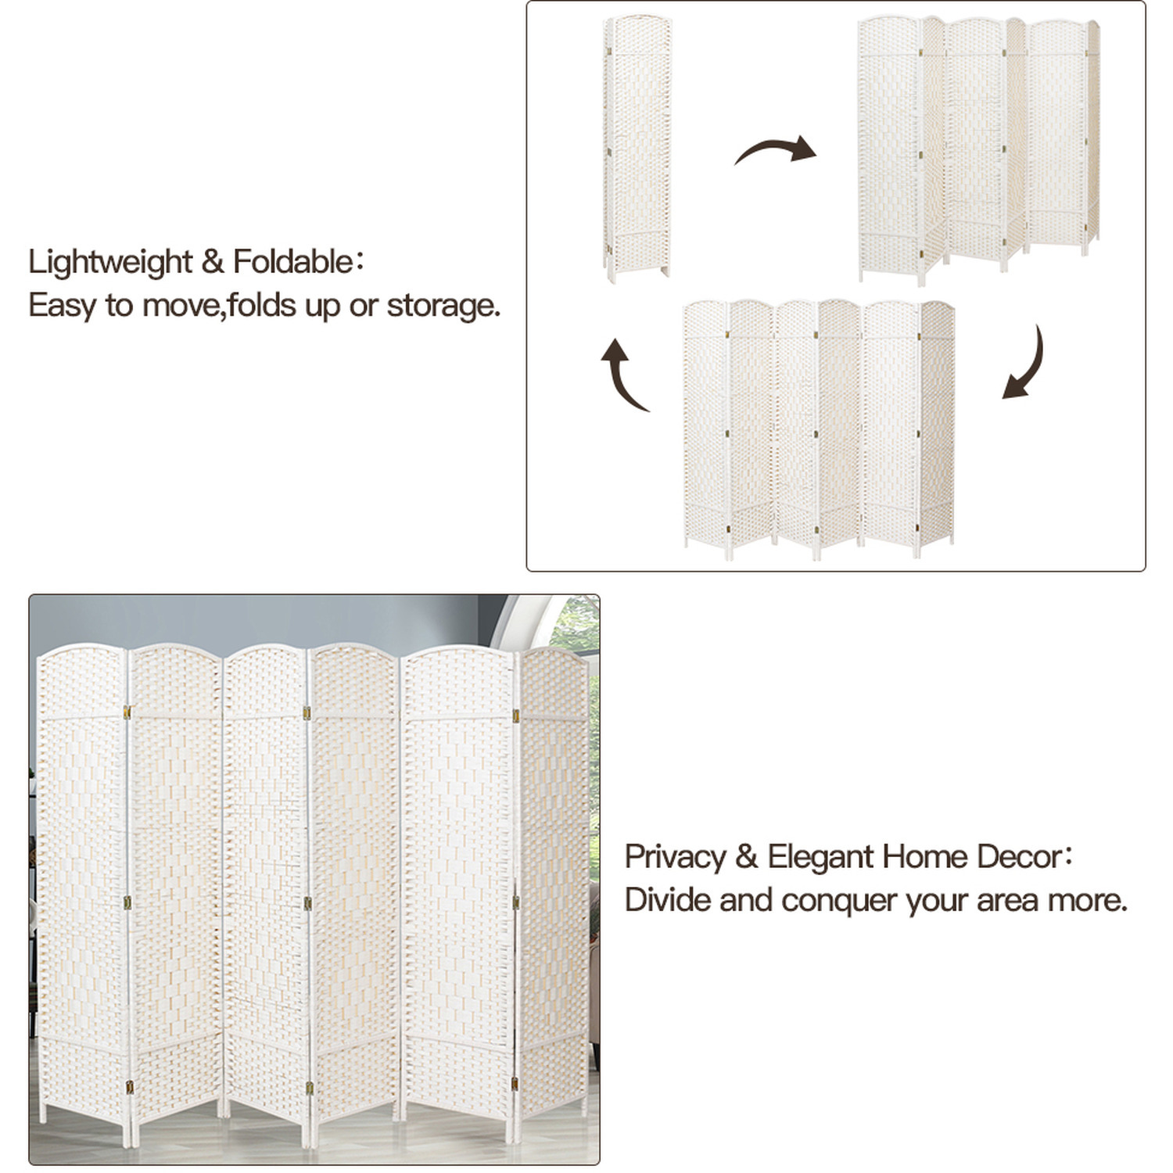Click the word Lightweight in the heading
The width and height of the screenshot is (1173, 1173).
pos(110,262)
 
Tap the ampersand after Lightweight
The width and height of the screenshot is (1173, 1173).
pos(213,262)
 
